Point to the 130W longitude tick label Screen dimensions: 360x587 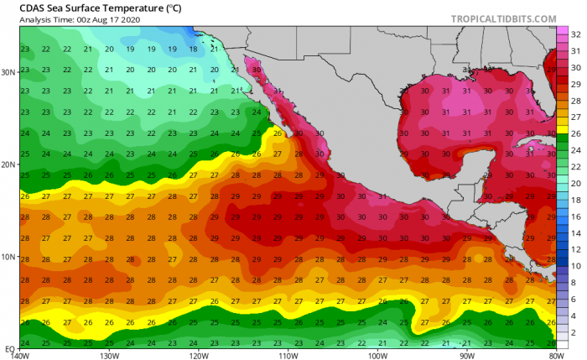(x=110, y=355)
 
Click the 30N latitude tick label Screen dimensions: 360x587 (x=8, y=72)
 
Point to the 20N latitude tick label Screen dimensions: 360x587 (x=8, y=164)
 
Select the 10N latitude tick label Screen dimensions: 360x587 (x=8, y=256)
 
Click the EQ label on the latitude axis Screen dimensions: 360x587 (x=8, y=347)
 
